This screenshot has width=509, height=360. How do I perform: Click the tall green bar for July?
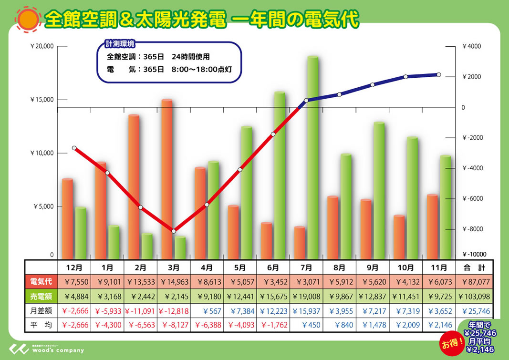[312, 157]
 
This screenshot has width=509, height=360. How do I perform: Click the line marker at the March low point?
[174, 231]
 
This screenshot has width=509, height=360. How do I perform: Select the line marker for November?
[438, 75]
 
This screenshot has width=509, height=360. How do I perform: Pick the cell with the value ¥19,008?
[307, 297]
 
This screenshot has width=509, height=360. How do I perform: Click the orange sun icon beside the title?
[28, 19]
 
